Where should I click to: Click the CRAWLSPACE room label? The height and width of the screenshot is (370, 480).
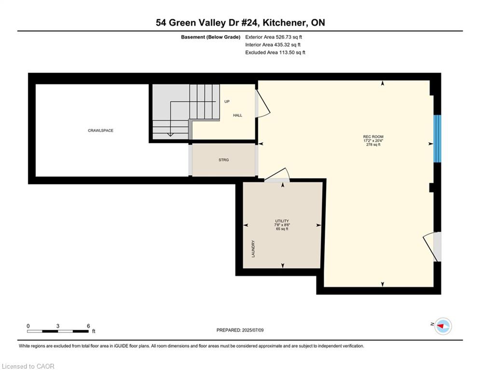tap(100, 131)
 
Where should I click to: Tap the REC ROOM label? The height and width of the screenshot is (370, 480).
tap(373, 137)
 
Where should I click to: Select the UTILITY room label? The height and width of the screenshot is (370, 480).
tap(282, 221)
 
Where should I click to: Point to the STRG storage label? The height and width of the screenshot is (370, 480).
tap(223, 160)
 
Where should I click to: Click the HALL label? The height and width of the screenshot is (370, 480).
tap(237, 115)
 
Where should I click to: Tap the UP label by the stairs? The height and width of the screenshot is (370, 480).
tap(227, 102)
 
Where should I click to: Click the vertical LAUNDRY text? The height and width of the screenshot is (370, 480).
tap(253, 249)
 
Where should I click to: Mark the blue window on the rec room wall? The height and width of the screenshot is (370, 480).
tap(438, 139)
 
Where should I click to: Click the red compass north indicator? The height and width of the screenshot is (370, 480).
tap(441, 326)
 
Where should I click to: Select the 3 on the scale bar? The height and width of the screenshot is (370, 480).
tap(57, 326)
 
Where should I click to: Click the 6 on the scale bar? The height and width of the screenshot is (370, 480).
tap(88, 326)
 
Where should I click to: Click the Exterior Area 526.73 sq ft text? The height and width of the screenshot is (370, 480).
tap(274, 37)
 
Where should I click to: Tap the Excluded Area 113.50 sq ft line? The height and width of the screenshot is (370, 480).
tap(275, 53)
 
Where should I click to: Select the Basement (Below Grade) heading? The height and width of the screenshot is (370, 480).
tap(211, 37)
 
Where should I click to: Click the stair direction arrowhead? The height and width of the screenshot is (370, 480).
tap(170, 134)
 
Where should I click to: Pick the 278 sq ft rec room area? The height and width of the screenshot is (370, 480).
tap(373, 145)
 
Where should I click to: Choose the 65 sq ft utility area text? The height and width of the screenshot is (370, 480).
tap(282, 229)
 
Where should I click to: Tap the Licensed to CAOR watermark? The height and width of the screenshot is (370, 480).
tap(28, 366)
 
